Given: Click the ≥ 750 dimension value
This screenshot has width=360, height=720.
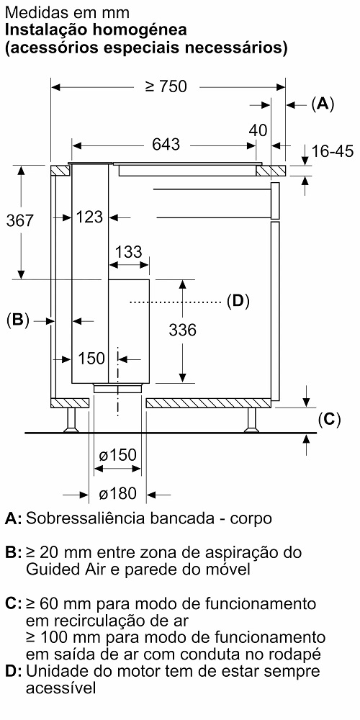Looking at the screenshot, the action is pyautogui.click(x=166, y=86).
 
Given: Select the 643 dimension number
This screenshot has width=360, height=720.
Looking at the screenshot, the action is pyautogui.click(x=166, y=145).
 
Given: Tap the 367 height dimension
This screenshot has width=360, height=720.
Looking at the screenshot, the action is pyautogui.click(x=20, y=221).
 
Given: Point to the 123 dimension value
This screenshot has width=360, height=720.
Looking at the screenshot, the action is pyautogui.click(x=89, y=216).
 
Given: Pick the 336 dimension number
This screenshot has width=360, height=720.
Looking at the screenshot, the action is pyautogui.click(x=182, y=330).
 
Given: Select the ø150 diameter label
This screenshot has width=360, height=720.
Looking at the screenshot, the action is pyautogui.click(x=117, y=455).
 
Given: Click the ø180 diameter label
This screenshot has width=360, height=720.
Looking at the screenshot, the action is pyautogui.click(x=118, y=494).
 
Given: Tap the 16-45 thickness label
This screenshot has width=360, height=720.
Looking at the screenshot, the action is pyautogui.click(x=333, y=150).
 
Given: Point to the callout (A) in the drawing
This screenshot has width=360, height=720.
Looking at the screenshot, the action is pyautogui.click(x=323, y=104).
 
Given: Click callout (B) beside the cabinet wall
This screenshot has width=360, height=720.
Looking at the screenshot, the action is pyautogui.click(x=18, y=320).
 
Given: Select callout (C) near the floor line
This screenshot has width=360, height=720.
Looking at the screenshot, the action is pyautogui.click(x=329, y=419).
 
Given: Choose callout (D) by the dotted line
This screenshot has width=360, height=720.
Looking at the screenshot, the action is pyautogui.click(x=238, y=301).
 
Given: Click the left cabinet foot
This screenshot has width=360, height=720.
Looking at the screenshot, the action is pyautogui.click(x=71, y=420).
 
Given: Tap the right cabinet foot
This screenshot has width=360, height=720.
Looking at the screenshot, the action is pyautogui.click(x=251, y=420).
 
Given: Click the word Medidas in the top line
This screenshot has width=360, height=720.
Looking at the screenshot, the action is pyautogui.click(x=32, y=12).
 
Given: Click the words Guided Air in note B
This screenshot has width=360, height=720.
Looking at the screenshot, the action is pyautogui.click(x=60, y=570).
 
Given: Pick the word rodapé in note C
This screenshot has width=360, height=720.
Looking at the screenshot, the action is pyautogui.click(x=294, y=654).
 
